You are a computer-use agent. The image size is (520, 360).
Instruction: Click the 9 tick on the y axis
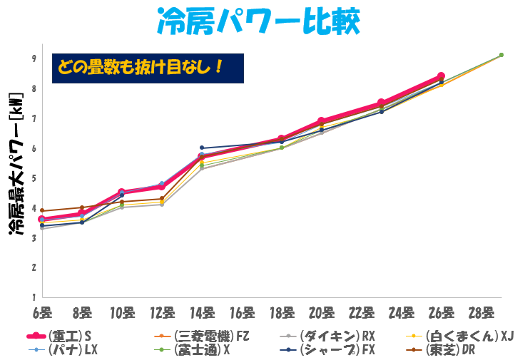pos(34,58)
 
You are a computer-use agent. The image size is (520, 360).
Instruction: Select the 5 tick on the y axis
pos(34,178)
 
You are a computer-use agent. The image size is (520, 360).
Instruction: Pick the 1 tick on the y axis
pos(34,297)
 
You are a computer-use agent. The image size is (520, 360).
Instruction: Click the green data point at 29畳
pos(501,55)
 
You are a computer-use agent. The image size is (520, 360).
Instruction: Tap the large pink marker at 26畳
pos(441,76)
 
